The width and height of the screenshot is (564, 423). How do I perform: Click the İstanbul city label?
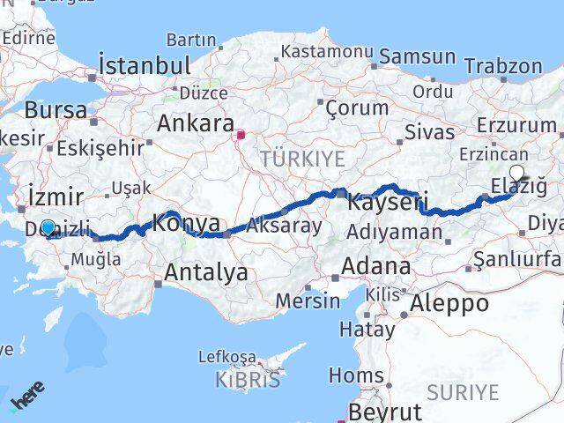(145, 65)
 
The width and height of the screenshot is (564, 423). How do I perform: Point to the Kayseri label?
(387, 202)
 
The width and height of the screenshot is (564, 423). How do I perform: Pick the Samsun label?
(418, 58)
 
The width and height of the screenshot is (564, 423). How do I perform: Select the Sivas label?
(430, 132)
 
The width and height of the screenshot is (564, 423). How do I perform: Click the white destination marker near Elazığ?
(516, 174)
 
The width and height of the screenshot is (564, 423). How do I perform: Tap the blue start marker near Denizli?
(48, 226)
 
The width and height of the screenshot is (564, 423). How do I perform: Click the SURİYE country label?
(462, 391)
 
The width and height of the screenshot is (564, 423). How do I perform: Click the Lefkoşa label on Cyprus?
(226, 357)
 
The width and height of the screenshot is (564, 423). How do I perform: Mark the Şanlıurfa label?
(517, 259)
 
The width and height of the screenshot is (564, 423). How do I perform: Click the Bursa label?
(56, 111)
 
